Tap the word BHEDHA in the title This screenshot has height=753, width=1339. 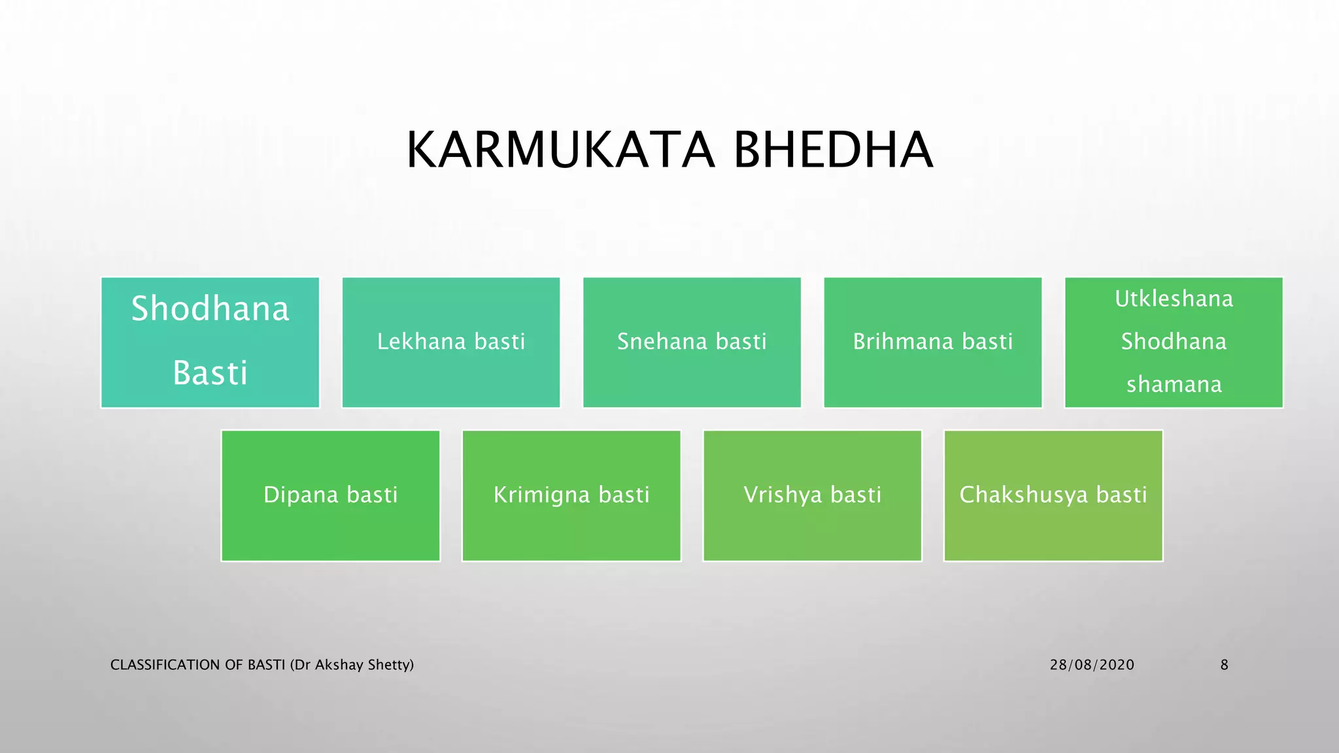click(833, 150)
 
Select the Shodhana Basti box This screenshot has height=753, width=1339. click(210, 343)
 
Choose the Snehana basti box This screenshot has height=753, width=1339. click(692, 343)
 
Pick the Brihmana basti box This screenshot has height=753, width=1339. click(932, 343)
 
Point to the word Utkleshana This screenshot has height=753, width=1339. click(1174, 299)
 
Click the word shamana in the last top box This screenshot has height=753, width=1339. click(1174, 384)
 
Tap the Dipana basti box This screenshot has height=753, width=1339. click(330, 495)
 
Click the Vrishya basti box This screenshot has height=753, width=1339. click(812, 495)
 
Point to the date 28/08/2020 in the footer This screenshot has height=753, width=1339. click(1092, 665)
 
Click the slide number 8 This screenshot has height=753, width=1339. click(1224, 665)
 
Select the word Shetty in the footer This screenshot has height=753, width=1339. click(390, 665)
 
